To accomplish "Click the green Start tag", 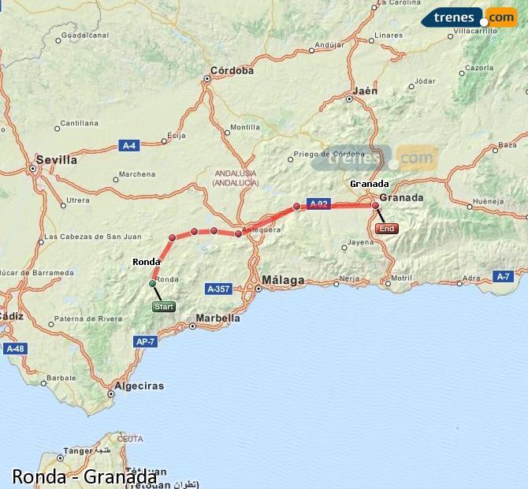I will point(163,306).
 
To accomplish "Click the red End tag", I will point(387,229).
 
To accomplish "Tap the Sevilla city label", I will point(58,159).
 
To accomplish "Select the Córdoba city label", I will point(232,70).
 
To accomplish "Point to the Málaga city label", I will point(283,280).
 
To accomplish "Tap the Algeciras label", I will point(139,386).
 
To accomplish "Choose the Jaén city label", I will point(366,91).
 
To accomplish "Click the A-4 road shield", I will point(128,145).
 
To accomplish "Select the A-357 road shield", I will point(217,289).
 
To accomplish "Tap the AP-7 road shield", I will point(144,342).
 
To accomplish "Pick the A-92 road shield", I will point(318,203).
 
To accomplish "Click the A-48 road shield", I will point(15,348).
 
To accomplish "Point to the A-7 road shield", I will point(504,275).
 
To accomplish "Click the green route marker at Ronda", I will point(153,282).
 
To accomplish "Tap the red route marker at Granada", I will point(375,206).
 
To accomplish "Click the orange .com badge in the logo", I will point(500,17).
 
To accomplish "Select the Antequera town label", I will point(262,230).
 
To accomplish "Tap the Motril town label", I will point(401,278).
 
